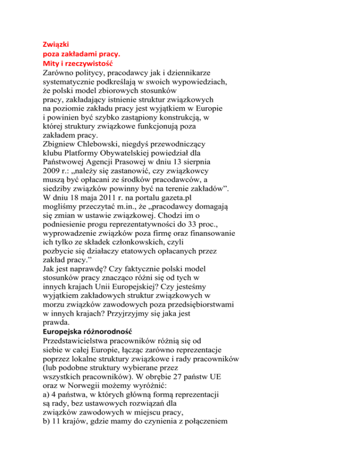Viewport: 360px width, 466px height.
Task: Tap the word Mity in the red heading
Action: pos(46,62)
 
